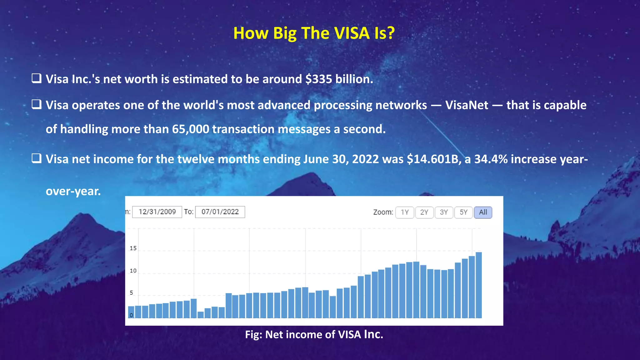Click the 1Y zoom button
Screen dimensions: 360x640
coord(405,212)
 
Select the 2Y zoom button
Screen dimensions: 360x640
coord(424,212)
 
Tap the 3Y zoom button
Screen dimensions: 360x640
coord(444,212)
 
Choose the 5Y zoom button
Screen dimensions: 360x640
coord(463,212)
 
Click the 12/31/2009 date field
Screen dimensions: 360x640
coord(157,212)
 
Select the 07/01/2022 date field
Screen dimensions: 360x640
coord(220,212)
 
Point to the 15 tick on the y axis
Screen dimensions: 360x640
coord(133,248)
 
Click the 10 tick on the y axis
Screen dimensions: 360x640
coord(133,271)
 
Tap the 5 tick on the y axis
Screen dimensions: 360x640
coord(132,293)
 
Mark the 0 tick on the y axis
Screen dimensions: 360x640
coord(131,315)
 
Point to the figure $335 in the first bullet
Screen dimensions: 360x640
coord(319,79)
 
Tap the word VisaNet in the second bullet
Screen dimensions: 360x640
coord(467,105)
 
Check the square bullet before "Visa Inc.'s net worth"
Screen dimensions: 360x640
coord(37,78)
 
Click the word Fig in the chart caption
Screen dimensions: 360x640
coord(252,335)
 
